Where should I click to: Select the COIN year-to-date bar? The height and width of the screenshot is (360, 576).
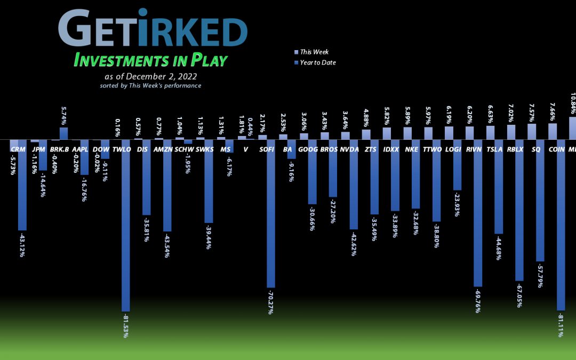click(x=561, y=225)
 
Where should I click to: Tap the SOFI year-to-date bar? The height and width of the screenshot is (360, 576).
click(x=271, y=213)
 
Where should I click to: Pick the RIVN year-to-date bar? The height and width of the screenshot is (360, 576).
click(x=478, y=213)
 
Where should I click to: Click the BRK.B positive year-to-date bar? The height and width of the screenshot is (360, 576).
click(x=63, y=133)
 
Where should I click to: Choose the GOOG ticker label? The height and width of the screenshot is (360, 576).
click(x=308, y=150)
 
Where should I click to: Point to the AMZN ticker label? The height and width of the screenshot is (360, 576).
click(x=163, y=150)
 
